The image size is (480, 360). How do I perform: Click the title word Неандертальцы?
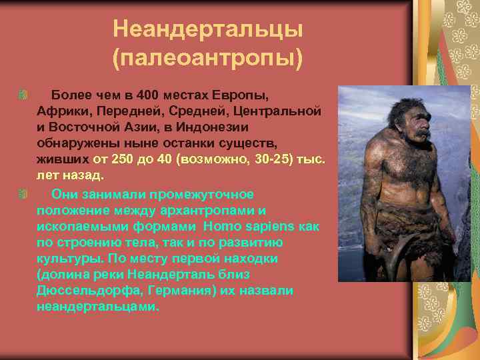point(207,29)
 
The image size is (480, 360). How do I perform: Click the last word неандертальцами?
point(99,307)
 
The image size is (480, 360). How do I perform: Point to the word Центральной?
point(281,109)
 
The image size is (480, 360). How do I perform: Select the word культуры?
point(65,259)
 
